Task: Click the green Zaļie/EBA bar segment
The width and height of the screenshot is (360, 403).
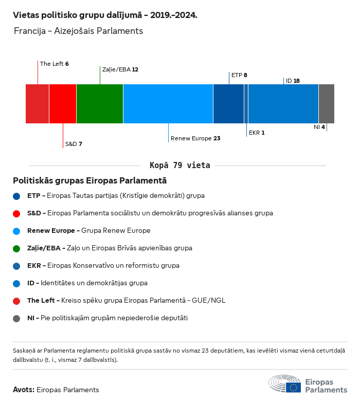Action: click(x=100, y=104)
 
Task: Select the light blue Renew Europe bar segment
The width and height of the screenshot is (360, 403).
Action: click(x=168, y=104)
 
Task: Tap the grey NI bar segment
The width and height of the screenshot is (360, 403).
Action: click(x=326, y=104)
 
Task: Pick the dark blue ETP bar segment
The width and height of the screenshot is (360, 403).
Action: click(x=228, y=104)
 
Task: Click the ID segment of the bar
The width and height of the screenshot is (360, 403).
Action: click(x=283, y=104)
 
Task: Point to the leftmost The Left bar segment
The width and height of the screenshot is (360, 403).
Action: click(x=37, y=104)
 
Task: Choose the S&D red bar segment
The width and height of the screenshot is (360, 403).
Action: click(x=63, y=104)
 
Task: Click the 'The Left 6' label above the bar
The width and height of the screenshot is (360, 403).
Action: click(x=55, y=64)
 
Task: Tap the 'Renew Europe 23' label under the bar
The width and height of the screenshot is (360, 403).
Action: click(x=195, y=138)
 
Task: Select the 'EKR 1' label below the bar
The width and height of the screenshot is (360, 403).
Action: click(x=257, y=133)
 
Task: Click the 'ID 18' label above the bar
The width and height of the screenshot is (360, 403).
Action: click(x=293, y=81)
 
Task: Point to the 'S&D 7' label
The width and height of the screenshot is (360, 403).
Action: click(x=74, y=144)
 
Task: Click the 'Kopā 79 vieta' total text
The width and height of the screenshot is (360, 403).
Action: click(x=179, y=166)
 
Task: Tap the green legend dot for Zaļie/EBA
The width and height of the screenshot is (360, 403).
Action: click(x=17, y=248)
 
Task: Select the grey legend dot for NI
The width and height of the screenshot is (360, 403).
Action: click(x=17, y=318)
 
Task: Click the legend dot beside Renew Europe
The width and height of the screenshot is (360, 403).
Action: click(x=17, y=231)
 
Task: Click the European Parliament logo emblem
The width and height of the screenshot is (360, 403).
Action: click(x=285, y=384)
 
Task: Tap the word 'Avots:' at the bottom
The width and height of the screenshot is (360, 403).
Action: click(x=24, y=390)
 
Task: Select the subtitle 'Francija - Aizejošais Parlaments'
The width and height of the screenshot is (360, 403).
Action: click(x=78, y=31)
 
